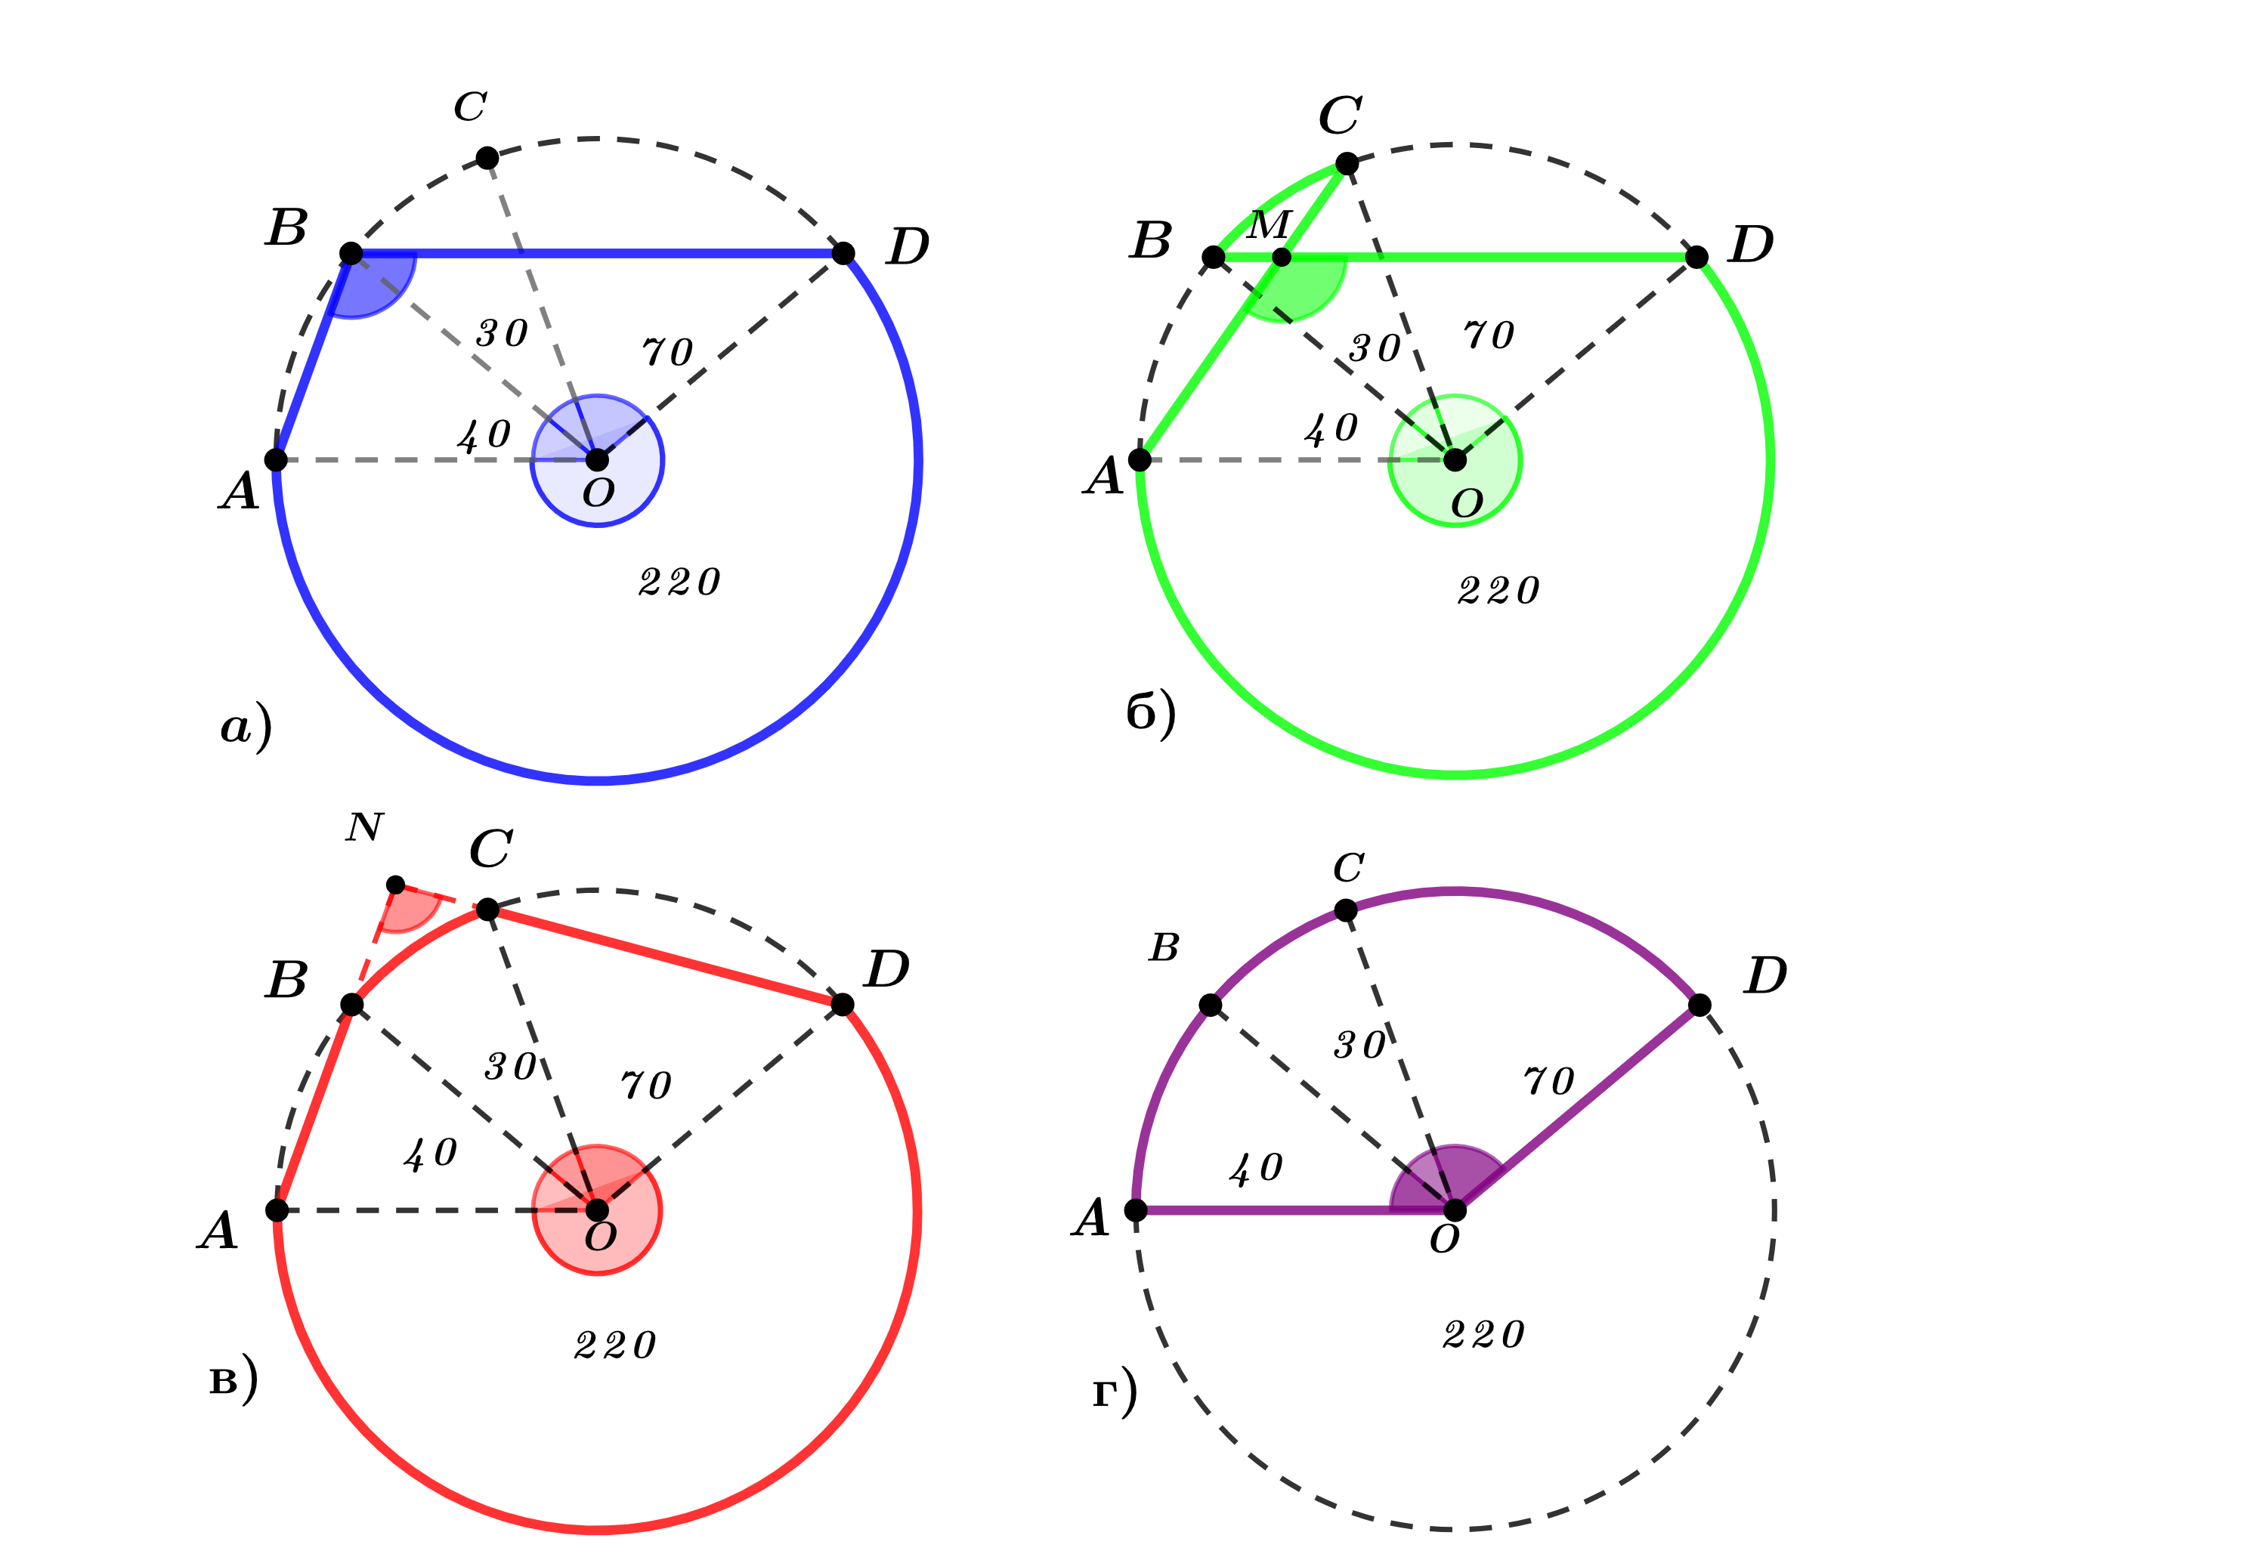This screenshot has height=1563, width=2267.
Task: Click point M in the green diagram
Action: tap(1282, 258)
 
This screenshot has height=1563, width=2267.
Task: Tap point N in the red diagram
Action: tap(396, 885)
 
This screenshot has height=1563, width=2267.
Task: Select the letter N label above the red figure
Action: tap(364, 827)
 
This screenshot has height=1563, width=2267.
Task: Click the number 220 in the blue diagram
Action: tap(680, 582)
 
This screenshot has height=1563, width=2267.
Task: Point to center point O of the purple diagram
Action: tap(1456, 1210)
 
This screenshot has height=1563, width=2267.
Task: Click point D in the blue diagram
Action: tap(843, 254)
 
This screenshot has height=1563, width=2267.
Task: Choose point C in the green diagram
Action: tap(1347, 163)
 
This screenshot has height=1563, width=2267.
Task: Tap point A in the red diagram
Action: tap(277, 1210)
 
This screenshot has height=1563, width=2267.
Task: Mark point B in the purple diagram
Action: tap(1211, 1005)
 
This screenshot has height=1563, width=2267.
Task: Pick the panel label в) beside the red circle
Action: tap(234, 1380)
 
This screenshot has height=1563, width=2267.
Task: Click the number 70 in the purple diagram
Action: tap(1549, 1081)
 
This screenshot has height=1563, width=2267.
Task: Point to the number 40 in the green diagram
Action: tap(1331, 429)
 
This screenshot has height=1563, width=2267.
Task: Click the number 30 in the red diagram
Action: tap(510, 1067)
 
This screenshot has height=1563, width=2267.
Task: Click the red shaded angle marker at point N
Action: tap(410, 909)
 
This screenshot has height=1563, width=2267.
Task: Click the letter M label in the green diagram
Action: tap(1270, 225)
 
